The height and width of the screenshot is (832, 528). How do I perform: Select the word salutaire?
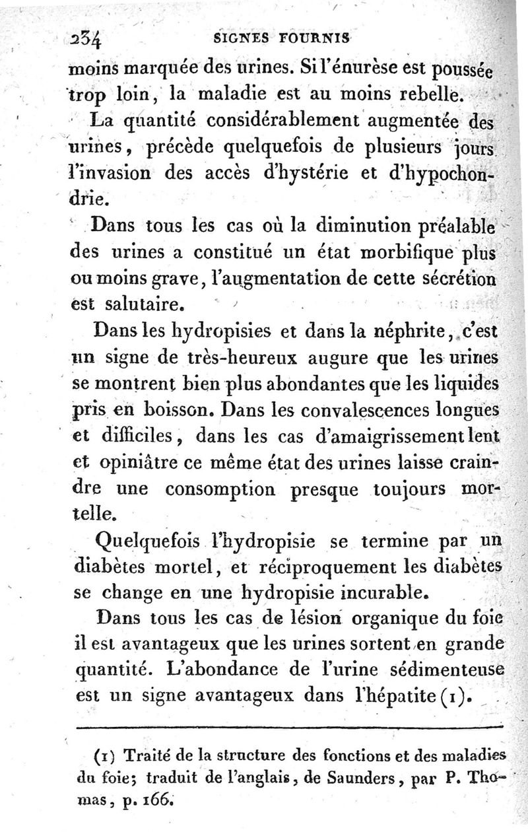142,306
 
